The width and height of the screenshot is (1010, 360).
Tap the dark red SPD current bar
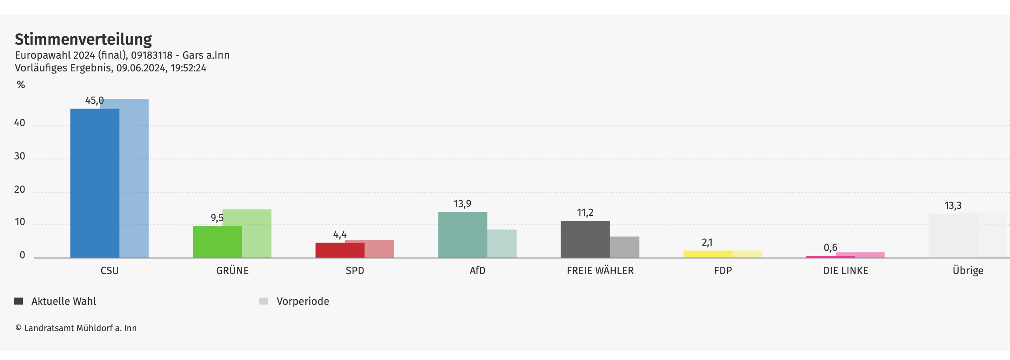pyautogui.click(x=340, y=250)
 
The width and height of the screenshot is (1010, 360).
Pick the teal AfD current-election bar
pyautogui.click(x=463, y=235)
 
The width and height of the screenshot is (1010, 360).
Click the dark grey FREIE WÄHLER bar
pyautogui.click(x=585, y=239)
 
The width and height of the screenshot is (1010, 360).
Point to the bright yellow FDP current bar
pyautogui.click(x=708, y=254)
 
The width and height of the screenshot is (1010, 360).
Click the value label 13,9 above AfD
pyautogui.click(x=463, y=204)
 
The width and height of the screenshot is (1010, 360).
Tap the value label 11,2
pyautogui.click(x=585, y=213)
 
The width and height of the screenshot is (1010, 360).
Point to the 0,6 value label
pyautogui.click(x=830, y=248)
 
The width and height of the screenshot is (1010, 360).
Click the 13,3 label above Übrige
pyautogui.click(x=953, y=205)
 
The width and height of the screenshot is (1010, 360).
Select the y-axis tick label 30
pyautogui.click(x=20, y=156)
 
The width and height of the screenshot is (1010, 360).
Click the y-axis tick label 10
pyautogui.click(x=20, y=222)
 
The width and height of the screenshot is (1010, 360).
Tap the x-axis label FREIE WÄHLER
pyautogui.click(x=600, y=271)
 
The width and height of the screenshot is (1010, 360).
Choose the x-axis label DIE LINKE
pyautogui.click(x=845, y=271)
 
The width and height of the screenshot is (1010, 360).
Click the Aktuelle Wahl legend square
pyautogui.click(x=18, y=301)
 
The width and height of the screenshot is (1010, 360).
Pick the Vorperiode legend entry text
pyautogui.click(x=303, y=301)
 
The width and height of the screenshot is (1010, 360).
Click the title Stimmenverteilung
pyautogui.click(x=83, y=39)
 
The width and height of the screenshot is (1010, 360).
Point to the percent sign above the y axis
pyautogui.click(x=21, y=85)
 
